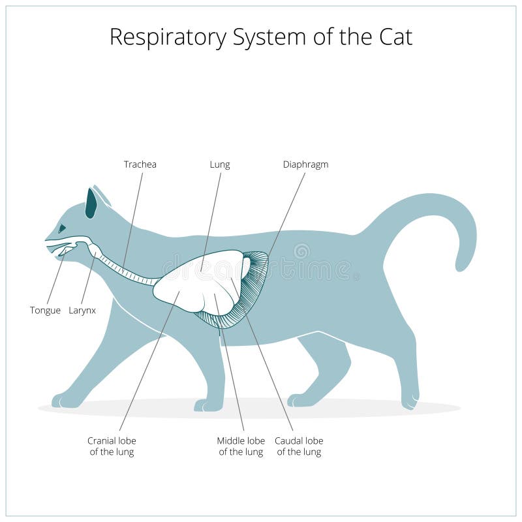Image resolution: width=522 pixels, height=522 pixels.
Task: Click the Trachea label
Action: (140, 164)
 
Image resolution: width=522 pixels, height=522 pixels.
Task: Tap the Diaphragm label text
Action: (305, 164)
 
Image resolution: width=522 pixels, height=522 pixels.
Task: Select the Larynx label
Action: (82, 311)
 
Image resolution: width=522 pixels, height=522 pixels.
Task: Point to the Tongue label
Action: (45, 311)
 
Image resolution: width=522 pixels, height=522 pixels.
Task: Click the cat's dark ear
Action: (91, 203)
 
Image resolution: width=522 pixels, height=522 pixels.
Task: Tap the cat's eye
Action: (62, 228)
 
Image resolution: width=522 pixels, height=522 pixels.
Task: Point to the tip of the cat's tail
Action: (463, 265)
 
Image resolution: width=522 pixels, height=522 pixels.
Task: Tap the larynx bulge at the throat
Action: (95, 251)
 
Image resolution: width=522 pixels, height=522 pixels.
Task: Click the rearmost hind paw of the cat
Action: (409, 399)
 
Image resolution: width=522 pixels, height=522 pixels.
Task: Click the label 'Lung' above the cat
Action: (219, 164)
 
